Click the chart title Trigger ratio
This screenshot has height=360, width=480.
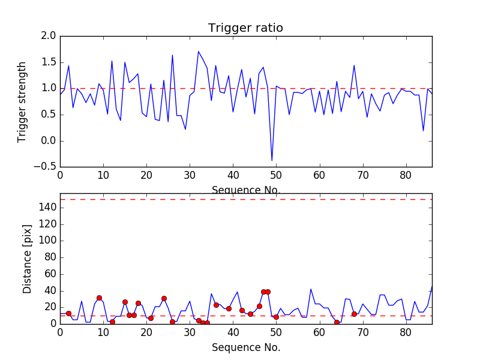[245, 28]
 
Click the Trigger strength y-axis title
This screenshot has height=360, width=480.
[22, 101]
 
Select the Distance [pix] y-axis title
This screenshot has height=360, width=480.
[27, 258]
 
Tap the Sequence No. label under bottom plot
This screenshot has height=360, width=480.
[245, 347]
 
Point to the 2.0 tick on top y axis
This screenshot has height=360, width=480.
[49, 36]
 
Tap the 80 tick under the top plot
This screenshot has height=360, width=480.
[406, 175]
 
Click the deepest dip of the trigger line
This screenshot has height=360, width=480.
[272, 161]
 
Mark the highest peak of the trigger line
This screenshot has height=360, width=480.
[199, 52]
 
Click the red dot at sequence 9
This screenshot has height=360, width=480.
[99, 298]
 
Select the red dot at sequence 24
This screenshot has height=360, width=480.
[164, 298]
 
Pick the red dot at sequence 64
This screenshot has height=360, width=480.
[337, 322]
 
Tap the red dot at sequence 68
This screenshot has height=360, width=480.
[354, 314]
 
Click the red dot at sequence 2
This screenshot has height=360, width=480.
[68, 313]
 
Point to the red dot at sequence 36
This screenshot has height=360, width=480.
[216, 305]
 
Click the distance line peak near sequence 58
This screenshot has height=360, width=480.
[311, 289]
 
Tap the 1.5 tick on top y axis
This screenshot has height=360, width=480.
[49, 62]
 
